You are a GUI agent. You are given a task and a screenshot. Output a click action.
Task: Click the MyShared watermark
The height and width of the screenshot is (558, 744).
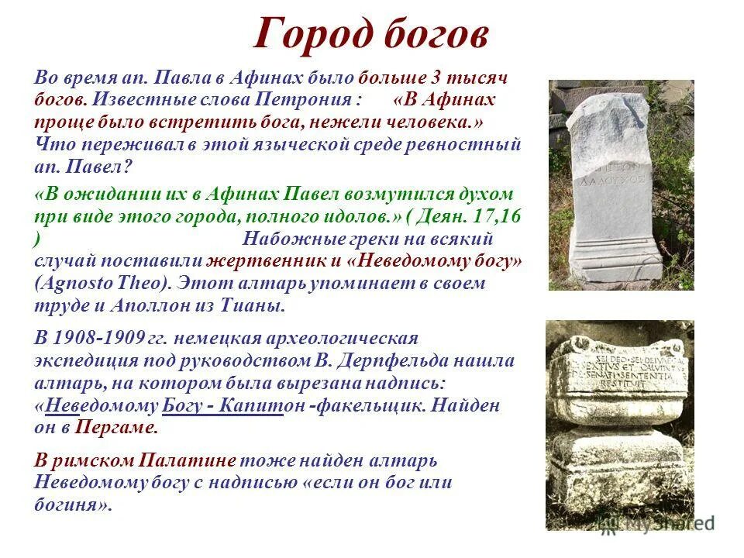pyautogui.click(x=663, y=523)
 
